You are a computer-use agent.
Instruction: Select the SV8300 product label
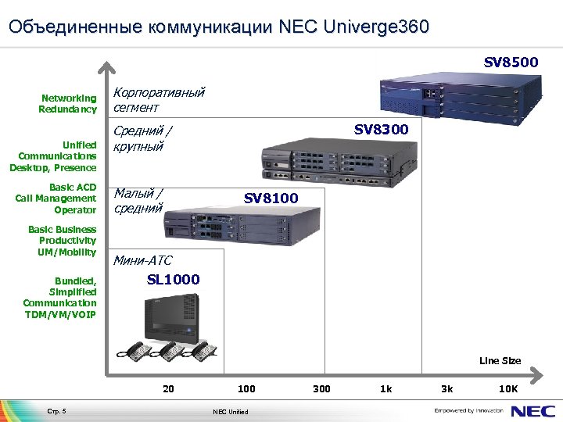(x=381, y=129)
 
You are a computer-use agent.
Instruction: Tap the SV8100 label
(x=271, y=198)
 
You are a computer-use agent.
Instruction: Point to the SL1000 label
(x=173, y=279)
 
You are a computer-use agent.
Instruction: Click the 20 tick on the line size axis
(x=168, y=388)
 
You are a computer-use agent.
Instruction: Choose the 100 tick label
(x=246, y=388)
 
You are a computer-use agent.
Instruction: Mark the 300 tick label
(x=321, y=388)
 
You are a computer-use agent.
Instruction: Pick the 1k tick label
(x=386, y=388)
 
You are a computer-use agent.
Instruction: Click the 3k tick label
(x=447, y=388)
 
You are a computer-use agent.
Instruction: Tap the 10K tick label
(x=508, y=388)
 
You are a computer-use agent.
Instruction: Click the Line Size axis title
(x=500, y=361)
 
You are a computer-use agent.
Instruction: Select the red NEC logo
(x=533, y=409)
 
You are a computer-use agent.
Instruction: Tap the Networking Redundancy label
(x=69, y=104)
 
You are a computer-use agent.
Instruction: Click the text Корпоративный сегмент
(x=159, y=99)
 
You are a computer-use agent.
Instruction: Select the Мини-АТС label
(x=143, y=260)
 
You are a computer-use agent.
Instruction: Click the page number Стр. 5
(x=58, y=411)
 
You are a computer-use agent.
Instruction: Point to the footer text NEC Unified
(x=231, y=412)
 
